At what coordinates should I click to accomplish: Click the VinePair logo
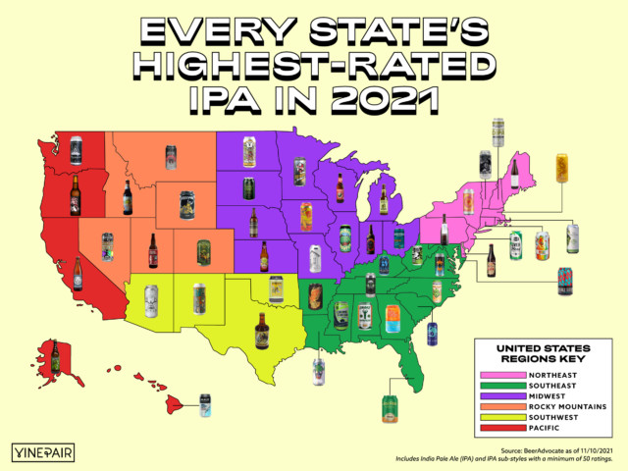pyautogui.click(x=48, y=451)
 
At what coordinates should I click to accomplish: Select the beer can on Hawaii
pyautogui.click(x=205, y=404)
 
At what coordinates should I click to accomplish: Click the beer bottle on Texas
pyautogui.click(x=261, y=331)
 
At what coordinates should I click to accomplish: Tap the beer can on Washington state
pyautogui.click(x=76, y=150)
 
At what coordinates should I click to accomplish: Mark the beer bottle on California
pyautogui.click(x=78, y=274)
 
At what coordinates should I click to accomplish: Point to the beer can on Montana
pyautogui.click(x=171, y=156)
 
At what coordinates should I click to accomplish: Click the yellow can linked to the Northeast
pyautogui.click(x=561, y=168)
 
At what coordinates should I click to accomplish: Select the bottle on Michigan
pyautogui.click(x=384, y=200)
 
